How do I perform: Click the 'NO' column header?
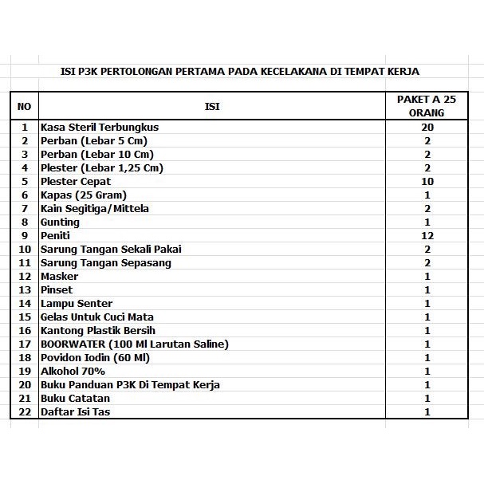[24, 106]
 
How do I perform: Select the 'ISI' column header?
[212, 106]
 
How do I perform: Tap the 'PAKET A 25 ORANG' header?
[427, 106]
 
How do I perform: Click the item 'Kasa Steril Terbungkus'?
[100, 127]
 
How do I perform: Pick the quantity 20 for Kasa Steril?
[427, 127]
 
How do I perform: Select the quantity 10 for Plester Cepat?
[427, 181]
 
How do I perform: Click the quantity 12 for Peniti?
[427, 235]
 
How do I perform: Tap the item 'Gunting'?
[60, 222]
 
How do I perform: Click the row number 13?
[24, 289]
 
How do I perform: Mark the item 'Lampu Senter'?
[77, 303]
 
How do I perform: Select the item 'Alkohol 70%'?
[73, 371]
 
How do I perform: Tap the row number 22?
[24, 411]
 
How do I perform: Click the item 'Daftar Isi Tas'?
[75, 411]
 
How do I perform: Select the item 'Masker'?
[59, 276]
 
